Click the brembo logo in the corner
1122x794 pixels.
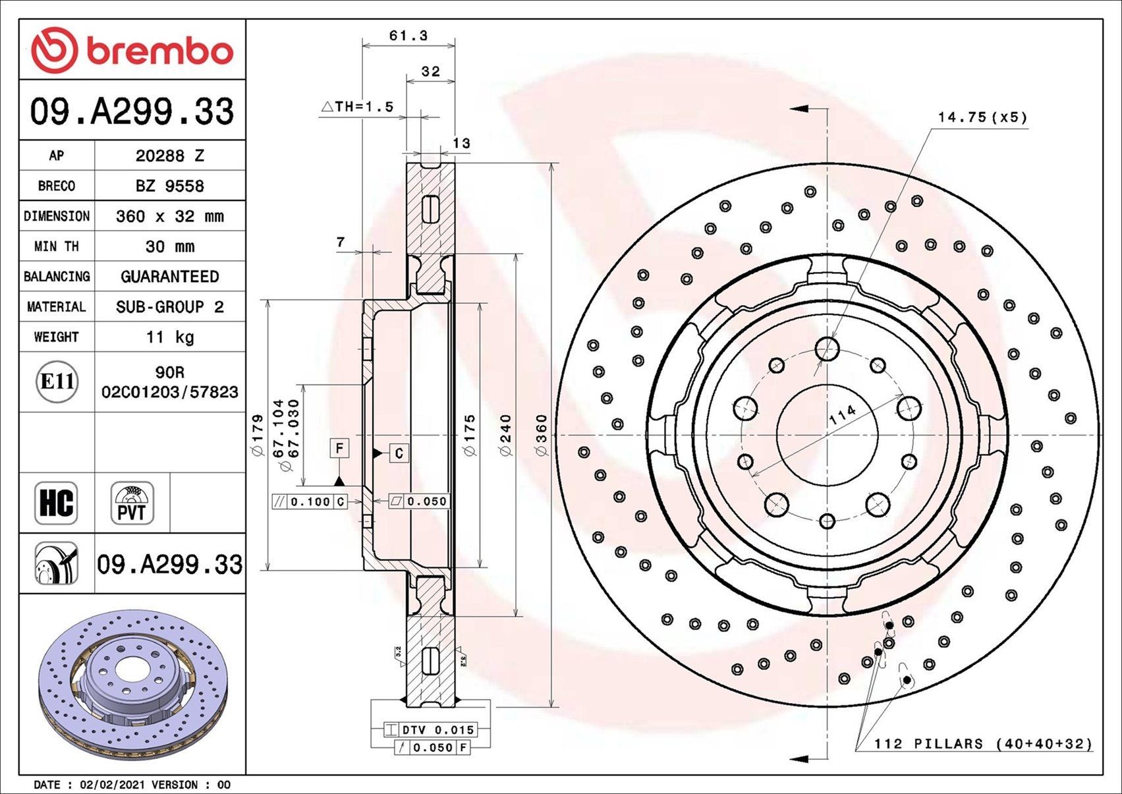tap(132, 51)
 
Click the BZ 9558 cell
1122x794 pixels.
tap(169, 186)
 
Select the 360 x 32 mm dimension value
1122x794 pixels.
tap(169, 216)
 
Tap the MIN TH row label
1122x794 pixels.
tap(57, 246)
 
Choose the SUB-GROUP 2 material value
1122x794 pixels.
tap(169, 307)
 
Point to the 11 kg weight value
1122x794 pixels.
tap(169, 337)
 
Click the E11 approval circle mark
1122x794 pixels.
tap(57, 382)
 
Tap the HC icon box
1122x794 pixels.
tap(56, 503)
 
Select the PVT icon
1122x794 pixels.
tap(132, 503)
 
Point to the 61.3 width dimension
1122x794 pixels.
tap(408, 36)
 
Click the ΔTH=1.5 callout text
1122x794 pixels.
tap(357, 107)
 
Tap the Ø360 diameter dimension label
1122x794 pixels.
tap(542, 435)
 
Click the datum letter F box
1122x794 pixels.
tap(339, 449)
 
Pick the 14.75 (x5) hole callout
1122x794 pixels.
tap(982, 117)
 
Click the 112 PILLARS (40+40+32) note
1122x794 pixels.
tap(982, 744)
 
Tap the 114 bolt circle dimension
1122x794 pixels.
tap(842, 414)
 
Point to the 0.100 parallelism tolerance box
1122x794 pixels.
tap(309, 501)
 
